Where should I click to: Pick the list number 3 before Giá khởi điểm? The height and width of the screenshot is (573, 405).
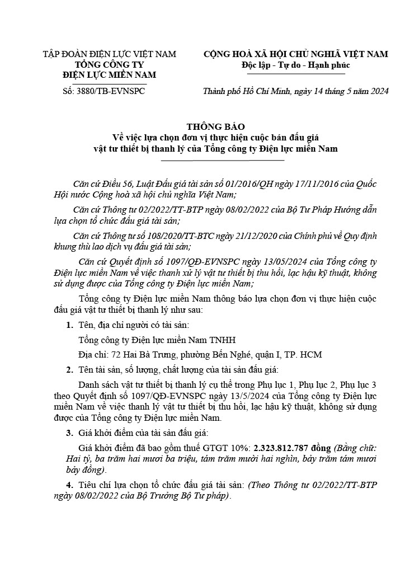coord(69,448)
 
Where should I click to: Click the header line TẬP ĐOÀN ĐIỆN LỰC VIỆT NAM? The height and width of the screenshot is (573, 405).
coord(110,54)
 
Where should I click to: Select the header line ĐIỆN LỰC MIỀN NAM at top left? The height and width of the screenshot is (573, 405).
coord(110,75)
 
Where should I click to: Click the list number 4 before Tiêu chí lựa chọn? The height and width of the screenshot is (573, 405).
coord(69,485)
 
